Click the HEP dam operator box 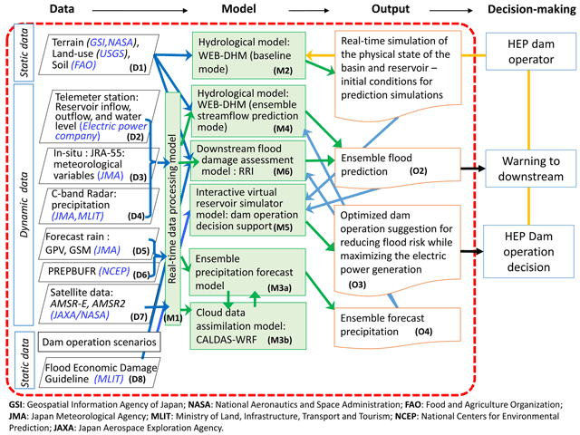(531, 52)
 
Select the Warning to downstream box (531, 169)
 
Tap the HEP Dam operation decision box (528, 252)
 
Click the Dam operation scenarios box (99, 342)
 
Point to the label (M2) (283, 71)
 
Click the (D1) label (138, 68)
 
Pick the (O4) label (423, 332)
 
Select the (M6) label (283, 171)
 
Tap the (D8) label (137, 379)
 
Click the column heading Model (238, 9)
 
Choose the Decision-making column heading (532, 9)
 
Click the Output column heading (391, 9)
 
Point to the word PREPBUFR (72, 271)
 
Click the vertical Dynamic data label (24, 205)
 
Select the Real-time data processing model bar (173, 208)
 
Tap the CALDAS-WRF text (227, 340)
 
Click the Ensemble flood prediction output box (398, 167)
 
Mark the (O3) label (357, 285)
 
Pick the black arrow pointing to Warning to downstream (473, 169)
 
